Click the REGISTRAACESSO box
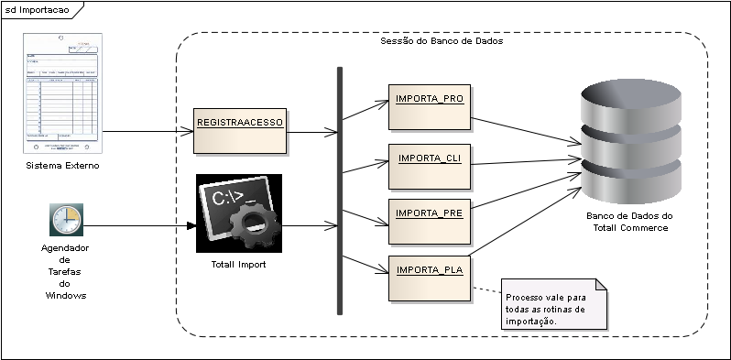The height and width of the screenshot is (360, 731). pyautogui.click(x=241, y=130)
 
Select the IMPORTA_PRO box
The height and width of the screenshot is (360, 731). pyautogui.click(x=429, y=107)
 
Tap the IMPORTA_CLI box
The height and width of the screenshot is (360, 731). pyautogui.click(x=429, y=166)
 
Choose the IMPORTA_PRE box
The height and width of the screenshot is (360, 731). pyautogui.click(x=429, y=221)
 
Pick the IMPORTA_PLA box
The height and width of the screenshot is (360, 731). pyautogui.click(x=429, y=278)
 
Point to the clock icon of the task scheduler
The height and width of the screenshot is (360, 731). pyautogui.click(x=66, y=220)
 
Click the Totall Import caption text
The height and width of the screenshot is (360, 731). pyautogui.click(x=237, y=265)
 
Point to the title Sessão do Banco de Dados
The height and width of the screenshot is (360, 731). pyautogui.click(x=441, y=42)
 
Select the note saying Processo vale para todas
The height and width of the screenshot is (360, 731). pyautogui.click(x=555, y=303)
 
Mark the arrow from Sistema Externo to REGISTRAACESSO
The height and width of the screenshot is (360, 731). pyautogui.click(x=147, y=131)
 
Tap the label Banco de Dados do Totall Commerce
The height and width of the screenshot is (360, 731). pyautogui.click(x=628, y=222)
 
